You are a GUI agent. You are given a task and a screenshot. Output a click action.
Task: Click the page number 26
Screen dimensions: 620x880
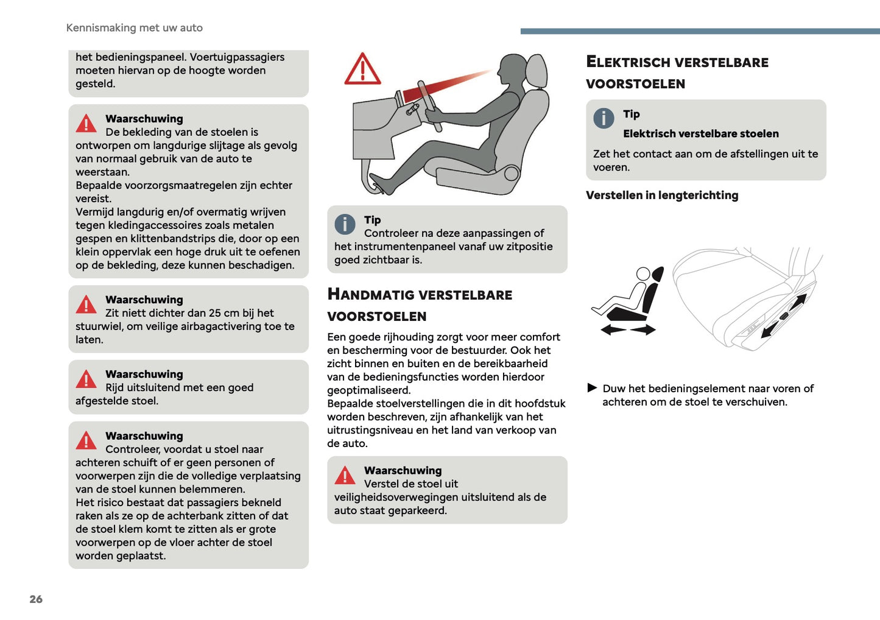coord(36,599)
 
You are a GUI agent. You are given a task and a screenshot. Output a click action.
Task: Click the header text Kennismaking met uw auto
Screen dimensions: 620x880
coord(134,28)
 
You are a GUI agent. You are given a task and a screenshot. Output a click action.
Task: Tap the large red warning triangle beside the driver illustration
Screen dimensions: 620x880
coord(362,69)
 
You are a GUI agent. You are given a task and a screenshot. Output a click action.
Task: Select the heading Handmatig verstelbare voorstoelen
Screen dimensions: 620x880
coord(419,305)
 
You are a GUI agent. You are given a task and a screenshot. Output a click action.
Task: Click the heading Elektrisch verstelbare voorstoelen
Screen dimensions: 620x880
coord(677,72)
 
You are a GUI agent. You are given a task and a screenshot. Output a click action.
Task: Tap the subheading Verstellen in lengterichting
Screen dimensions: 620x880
coord(661,196)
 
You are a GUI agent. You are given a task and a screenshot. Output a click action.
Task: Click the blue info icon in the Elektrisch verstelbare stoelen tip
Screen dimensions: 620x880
coord(604,118)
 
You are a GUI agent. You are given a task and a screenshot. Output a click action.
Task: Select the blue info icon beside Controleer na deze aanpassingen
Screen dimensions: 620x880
coord(345,224)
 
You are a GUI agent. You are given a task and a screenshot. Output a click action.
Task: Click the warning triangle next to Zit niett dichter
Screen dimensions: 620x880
coord(86,304)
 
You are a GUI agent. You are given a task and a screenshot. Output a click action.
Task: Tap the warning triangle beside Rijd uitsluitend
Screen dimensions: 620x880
coord(86,379)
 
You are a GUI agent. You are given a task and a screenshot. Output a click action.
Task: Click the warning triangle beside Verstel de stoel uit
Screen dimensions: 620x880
coord(345,475)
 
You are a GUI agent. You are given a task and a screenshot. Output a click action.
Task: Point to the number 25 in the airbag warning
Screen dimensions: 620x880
coord(215,313)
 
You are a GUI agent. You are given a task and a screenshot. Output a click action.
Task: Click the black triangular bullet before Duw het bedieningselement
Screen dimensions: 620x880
coord(592,388)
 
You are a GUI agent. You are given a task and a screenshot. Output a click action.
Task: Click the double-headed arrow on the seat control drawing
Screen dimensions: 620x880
coord(784,315)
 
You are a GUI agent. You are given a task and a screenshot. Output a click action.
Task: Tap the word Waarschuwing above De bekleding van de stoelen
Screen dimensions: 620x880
coord(144,119)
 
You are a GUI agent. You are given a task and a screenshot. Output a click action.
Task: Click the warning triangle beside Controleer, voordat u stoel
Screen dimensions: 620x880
coord(86,440)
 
